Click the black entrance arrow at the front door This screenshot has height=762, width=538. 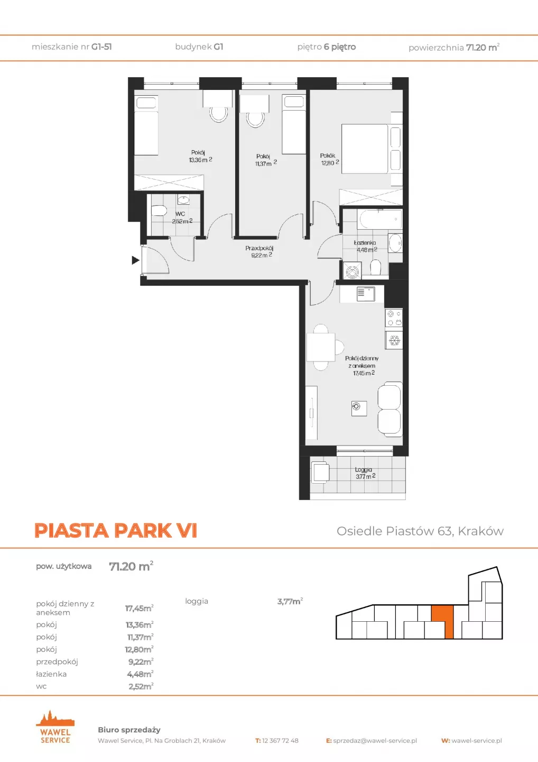tap(135, 260)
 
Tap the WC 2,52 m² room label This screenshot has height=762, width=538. tap(182, 217)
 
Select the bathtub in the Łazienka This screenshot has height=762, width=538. tap(379, 219)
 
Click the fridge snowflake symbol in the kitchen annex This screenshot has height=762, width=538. tap(394, 340)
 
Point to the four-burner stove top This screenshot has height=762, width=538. tap(394, 318)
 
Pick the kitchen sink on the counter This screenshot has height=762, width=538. tap(366, 294)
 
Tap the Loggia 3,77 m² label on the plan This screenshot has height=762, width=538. tap(365, 473)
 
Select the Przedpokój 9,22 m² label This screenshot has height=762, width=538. tap(259, 252)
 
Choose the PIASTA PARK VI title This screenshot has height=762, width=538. tap(116, 530)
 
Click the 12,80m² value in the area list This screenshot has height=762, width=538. tap(139, 649)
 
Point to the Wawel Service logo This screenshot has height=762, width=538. tap(55, 727)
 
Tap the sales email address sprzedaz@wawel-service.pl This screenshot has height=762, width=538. tap(375, 741)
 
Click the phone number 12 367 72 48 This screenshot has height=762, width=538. tap(280, 741)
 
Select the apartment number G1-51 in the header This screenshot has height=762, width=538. tap(101, 47)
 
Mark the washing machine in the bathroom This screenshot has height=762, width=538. tap(352, 271)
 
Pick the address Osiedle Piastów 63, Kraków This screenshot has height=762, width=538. tap(420, 531)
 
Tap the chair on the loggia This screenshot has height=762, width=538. tap(320, 472)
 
